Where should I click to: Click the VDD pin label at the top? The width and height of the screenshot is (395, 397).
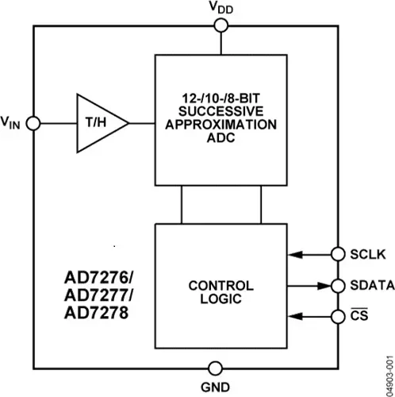click(x=220, y=8)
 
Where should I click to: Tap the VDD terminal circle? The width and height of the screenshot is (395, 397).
click(x=221, y=25)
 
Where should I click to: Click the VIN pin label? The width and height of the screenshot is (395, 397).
click(x=13, y=123)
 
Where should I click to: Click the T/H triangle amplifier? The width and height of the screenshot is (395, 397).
click(x=99, y=124)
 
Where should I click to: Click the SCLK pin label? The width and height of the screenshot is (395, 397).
click(x=366, y=255)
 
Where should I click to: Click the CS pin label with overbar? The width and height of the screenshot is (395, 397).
click(x=359, y=316)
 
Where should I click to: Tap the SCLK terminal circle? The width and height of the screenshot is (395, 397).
click(x=338, y=255)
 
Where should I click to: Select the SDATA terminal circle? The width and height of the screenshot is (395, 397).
click(x=338, y=285)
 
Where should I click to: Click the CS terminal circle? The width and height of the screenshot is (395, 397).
click(x=338, y=316)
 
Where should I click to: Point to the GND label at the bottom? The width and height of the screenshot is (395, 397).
click(x=216, y=388)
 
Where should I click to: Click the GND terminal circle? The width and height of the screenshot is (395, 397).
click(x=216, y=368)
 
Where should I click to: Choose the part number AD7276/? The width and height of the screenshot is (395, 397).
click(x=101, y=279)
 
